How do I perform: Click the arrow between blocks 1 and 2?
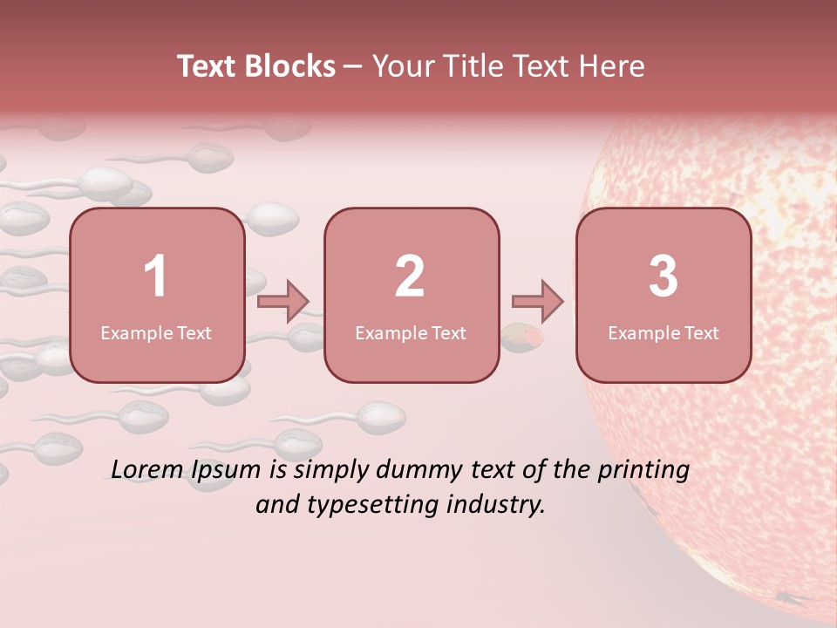tap(283, 301)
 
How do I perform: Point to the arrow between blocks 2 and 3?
tap(537, 301)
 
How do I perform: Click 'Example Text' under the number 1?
tap(156, 333)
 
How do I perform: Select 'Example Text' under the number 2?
tap(411, 333)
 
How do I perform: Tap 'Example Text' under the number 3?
tap(663, 333)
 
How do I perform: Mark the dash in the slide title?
tap(353, 66)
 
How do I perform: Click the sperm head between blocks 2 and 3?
tap(521, 338)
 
